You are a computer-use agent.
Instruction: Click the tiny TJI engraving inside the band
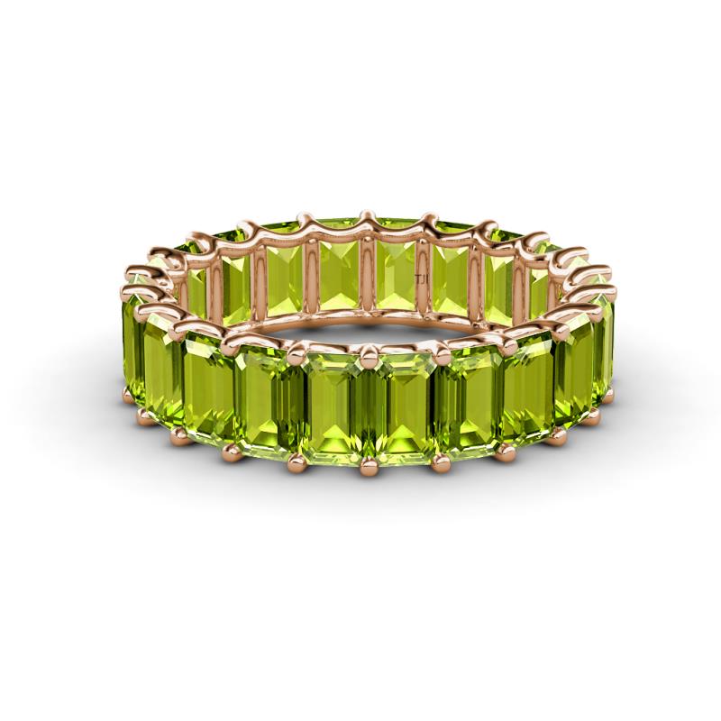[416, 280]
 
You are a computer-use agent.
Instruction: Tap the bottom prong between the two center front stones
[368, 466]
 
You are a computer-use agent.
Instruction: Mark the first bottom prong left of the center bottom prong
[297, 461]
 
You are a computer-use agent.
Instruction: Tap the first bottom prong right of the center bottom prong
[441, 461]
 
